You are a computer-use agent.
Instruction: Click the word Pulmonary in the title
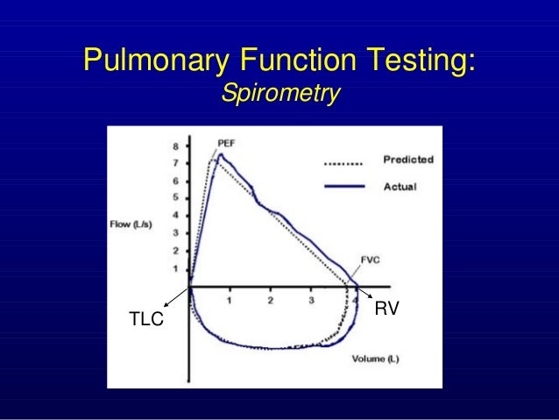148,61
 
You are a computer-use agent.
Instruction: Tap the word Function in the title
284,61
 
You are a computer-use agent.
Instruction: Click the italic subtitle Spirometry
279,93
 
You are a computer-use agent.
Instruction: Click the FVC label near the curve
371,260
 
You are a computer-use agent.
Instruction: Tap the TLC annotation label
146,320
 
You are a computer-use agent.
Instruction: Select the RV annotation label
387,309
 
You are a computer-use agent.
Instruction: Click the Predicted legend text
407,160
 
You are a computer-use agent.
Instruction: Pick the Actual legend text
400,186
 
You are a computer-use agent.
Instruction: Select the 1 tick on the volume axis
230,301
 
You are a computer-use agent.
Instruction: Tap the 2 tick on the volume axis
271,301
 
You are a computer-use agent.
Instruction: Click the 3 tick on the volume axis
312,301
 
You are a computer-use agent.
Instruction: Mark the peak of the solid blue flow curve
221,155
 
